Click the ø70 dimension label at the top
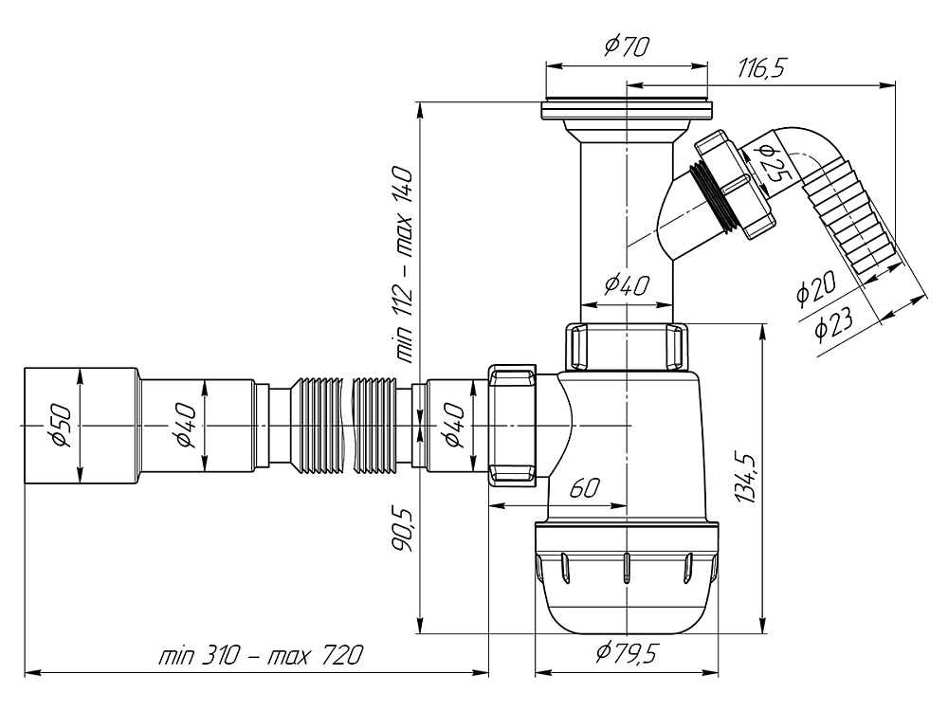tap(625, 46)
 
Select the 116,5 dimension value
tap(764, 68)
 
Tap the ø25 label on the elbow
tap(771, 162)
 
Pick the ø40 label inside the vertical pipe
tap(625, 283)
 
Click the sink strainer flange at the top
tap(627, 110)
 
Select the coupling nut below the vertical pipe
tap(627, 347)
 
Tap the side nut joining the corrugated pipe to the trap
tap(513, 424)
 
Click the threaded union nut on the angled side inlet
tap(735, 185)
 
